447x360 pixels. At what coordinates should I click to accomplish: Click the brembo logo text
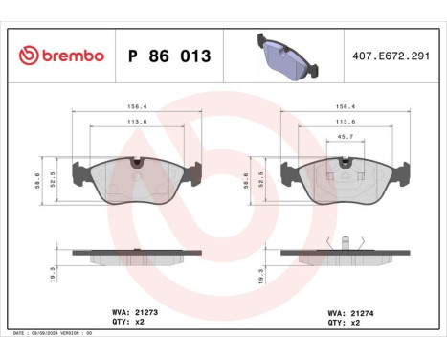(68, 56)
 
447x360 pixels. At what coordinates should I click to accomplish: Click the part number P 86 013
(168, 56)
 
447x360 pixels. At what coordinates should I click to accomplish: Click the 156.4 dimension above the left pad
(137, 108)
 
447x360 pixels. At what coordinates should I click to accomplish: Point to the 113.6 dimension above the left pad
(137, 123)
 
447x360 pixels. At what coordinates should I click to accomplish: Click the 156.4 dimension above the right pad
(345, 108)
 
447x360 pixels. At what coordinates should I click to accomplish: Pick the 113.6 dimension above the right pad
(345, 123)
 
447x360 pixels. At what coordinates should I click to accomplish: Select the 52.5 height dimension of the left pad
(54, 178)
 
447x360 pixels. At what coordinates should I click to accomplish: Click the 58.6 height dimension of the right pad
(247, 178)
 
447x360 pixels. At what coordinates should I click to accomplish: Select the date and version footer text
(54, 332)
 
